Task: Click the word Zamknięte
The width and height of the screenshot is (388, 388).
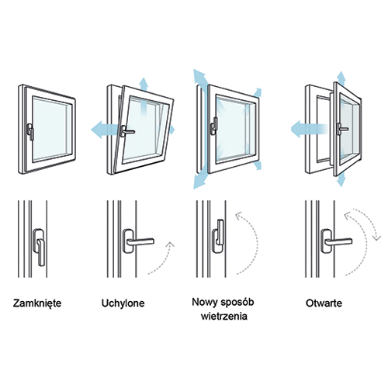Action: pyautogui.click(x=37, y=303)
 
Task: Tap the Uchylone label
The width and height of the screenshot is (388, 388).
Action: pyautogui.click(x=123, y=303)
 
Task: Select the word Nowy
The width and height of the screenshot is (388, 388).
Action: pyautogui.click(x=205, y=303)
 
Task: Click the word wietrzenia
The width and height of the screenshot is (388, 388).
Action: pyautogui.click(x=224, y=316)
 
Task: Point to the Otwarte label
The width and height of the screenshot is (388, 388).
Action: pyautogui.click(x=324, y=303)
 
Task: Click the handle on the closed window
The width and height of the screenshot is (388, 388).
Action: pyautogui.click(x=30, y=132)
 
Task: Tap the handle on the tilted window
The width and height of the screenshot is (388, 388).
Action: pyautogui.click(x=126, y=131)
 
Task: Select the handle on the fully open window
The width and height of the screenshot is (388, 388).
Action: pyautogui.click(x=341, y=129)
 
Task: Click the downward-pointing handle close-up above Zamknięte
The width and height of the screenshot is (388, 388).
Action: pyautogui.click(x=40, y=247)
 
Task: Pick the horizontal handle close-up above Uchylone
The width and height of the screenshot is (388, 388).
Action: pyautogui.click(x=137, y=241)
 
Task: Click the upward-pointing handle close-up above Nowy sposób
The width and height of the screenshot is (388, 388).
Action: pyautogui.click(x=219, y=236)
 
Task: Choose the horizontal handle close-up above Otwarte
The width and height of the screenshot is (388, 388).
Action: pyautogui.click(x=336, y=241)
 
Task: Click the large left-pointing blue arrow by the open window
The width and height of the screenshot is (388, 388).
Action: pyautogui.click(x=308, y=129)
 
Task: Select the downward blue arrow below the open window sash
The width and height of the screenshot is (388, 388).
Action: pyautogui.click(x=341, y=179)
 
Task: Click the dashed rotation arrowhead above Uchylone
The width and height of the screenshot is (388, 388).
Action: pyautogui.click(x=170, y=244)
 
